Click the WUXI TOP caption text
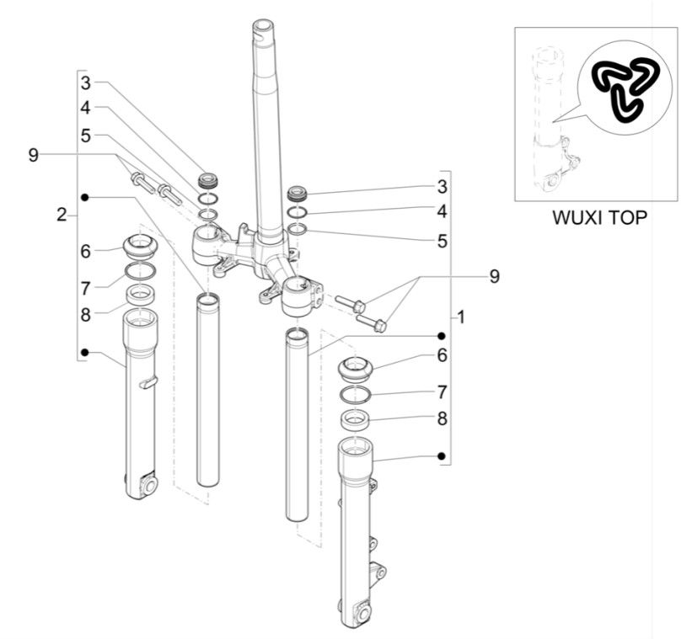click(599, 216)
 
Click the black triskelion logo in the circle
click(626, 88)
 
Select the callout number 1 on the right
click(460, 317)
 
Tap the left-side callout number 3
click(86, 83)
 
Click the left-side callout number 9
click(33, 155)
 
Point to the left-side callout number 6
click(86, 251)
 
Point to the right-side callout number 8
click(442, 418)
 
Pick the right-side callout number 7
click(442, 391)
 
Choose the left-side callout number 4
click(86, 108)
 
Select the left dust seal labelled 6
click(140, 247)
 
